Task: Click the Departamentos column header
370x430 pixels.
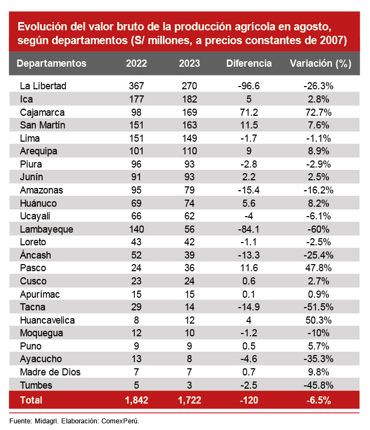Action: pos(52,63)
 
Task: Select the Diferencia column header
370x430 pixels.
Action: pos(249,63)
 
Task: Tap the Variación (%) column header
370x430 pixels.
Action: pos(320,63)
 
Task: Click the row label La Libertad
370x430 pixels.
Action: pos(43,86)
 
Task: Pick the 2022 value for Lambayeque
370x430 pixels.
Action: pos(136,229)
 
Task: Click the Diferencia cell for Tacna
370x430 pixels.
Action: pos(249,307)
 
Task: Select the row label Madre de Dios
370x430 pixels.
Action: pos(50,372)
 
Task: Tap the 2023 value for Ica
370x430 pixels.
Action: pos(189,99)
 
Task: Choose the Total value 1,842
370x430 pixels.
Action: pos(136,400)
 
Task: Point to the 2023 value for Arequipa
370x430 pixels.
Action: pos(189,151)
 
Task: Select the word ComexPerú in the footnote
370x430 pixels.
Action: pos(120,421)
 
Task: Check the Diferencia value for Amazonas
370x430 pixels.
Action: pos(249,190)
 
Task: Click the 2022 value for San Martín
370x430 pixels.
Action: pos(136,125)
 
